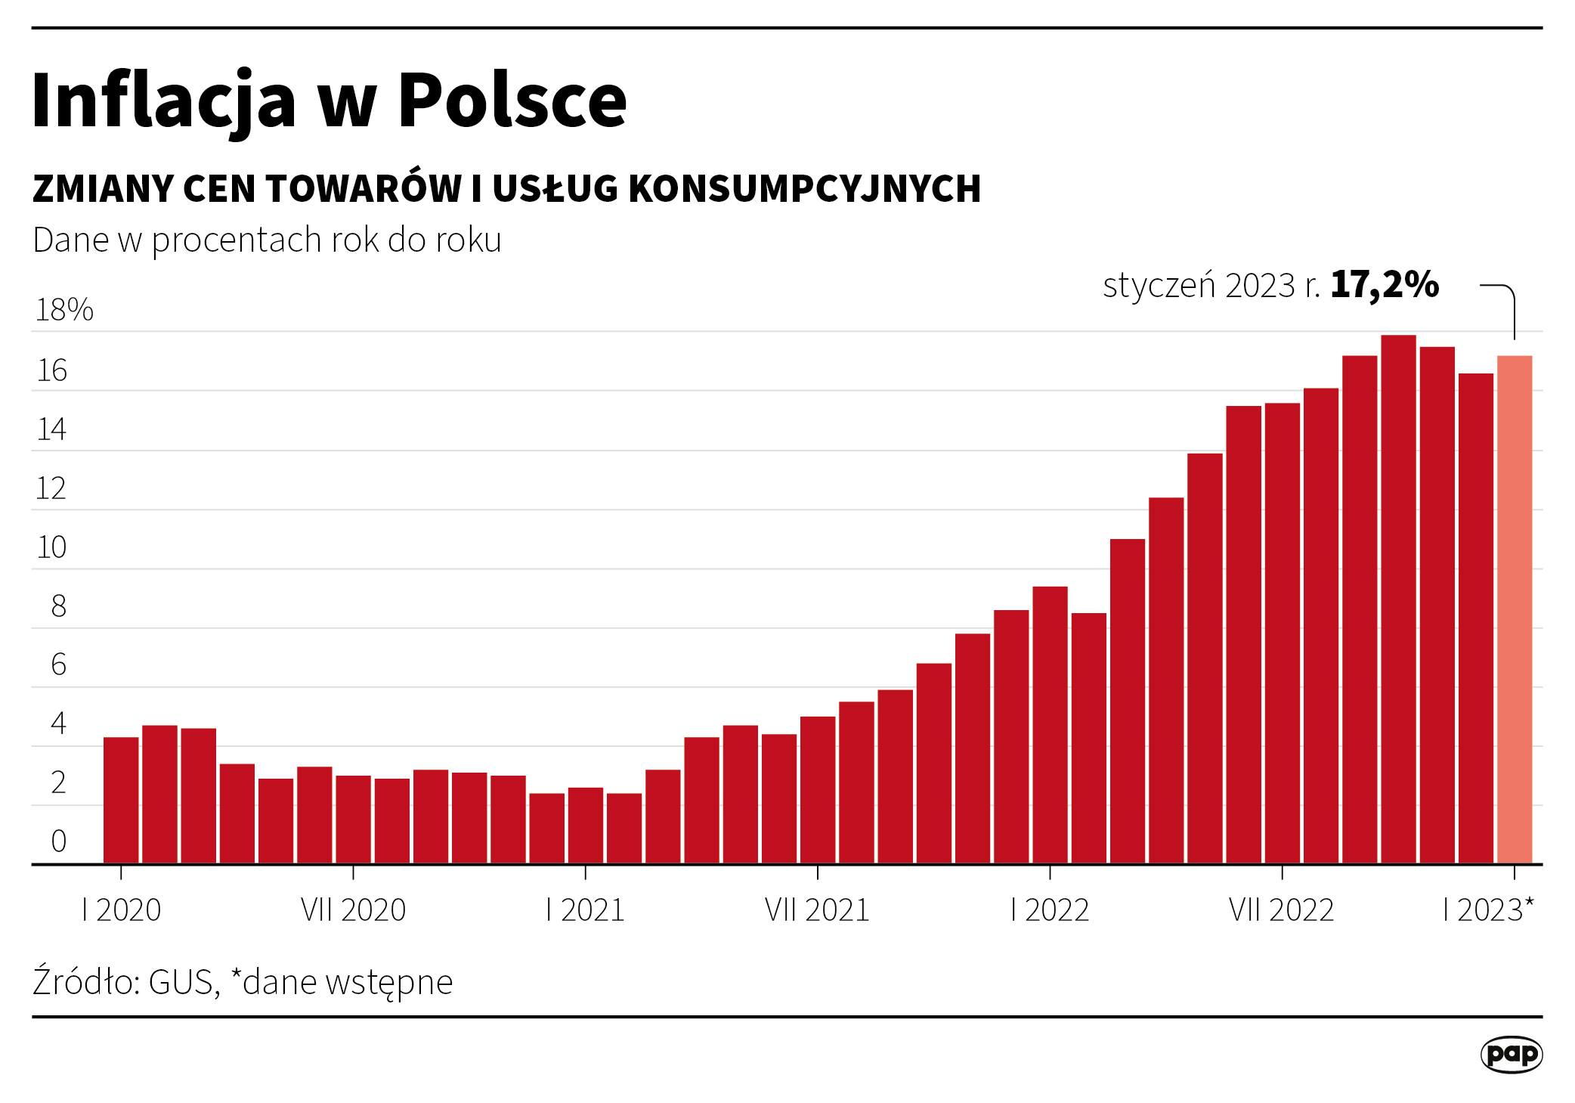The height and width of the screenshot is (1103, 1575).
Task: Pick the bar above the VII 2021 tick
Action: (x=818, y=789)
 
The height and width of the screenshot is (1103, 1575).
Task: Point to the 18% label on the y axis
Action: (x=64, y=310)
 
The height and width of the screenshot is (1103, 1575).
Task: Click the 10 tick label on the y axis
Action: (x=51, y=547)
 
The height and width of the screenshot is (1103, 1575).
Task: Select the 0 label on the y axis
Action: (x=58, y=841)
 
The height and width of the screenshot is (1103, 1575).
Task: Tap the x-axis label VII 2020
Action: (x=353, y=909)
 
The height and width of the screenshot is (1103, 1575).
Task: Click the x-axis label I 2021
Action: (x=585, y=909)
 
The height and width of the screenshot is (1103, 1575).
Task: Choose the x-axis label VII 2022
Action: (x=1281, y=909)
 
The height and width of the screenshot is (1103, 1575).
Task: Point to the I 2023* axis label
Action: (x=1488, y=909)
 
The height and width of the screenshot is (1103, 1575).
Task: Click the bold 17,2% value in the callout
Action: (x=1385, y=285)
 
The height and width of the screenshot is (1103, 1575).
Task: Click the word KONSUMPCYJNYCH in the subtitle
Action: (x=804, y=189)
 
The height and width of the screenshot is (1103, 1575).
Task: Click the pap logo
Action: (x=1511, y=1054)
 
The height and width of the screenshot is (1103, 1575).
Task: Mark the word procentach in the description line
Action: (x=237, y=241)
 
